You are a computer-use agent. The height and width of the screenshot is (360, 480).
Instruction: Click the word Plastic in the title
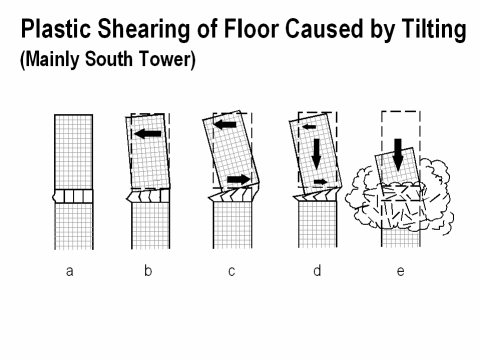56,29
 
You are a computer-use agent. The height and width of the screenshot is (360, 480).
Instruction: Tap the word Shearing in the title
144,30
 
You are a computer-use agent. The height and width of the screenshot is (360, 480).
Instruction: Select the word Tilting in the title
434,30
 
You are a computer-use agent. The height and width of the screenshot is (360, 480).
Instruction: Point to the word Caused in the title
323,29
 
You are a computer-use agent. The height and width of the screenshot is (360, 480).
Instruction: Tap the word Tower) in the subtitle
167,60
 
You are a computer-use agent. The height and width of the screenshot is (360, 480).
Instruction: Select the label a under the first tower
69,271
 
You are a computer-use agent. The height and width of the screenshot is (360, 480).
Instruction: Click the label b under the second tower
148,270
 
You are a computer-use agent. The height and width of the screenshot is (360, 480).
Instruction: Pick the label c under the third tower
232,271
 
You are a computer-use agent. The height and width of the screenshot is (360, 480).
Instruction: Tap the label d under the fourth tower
317,270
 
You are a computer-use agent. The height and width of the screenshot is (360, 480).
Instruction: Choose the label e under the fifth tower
401,271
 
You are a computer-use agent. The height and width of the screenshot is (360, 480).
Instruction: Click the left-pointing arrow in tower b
148,134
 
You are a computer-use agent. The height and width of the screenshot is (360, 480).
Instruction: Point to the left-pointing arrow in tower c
225,125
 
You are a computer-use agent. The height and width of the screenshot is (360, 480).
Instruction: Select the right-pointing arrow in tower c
239,180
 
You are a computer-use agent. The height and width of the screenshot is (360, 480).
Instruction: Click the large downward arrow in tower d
316,153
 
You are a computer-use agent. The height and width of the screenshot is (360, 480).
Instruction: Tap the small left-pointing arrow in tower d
309,127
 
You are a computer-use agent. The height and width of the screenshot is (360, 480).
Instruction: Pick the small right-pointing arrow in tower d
321,182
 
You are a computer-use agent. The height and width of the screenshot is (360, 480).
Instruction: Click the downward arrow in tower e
398,155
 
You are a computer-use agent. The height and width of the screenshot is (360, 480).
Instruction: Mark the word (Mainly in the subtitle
50,60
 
